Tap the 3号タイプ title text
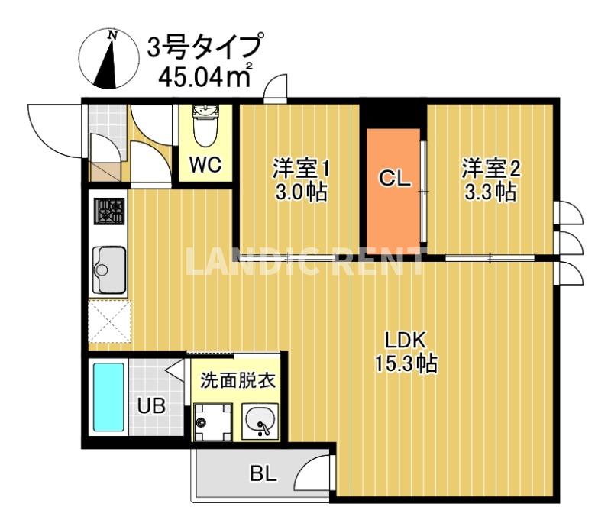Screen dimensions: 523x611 click(205, 47)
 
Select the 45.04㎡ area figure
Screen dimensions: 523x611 click(203, 76)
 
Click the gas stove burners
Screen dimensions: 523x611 click(108, 211)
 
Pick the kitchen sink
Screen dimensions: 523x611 click(109, 269)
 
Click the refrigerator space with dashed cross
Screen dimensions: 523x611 click(109, 321)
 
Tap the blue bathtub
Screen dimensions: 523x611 click(108, 398)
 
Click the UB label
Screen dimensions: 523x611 click(150, 405)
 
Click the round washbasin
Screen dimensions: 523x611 click(260, 420)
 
